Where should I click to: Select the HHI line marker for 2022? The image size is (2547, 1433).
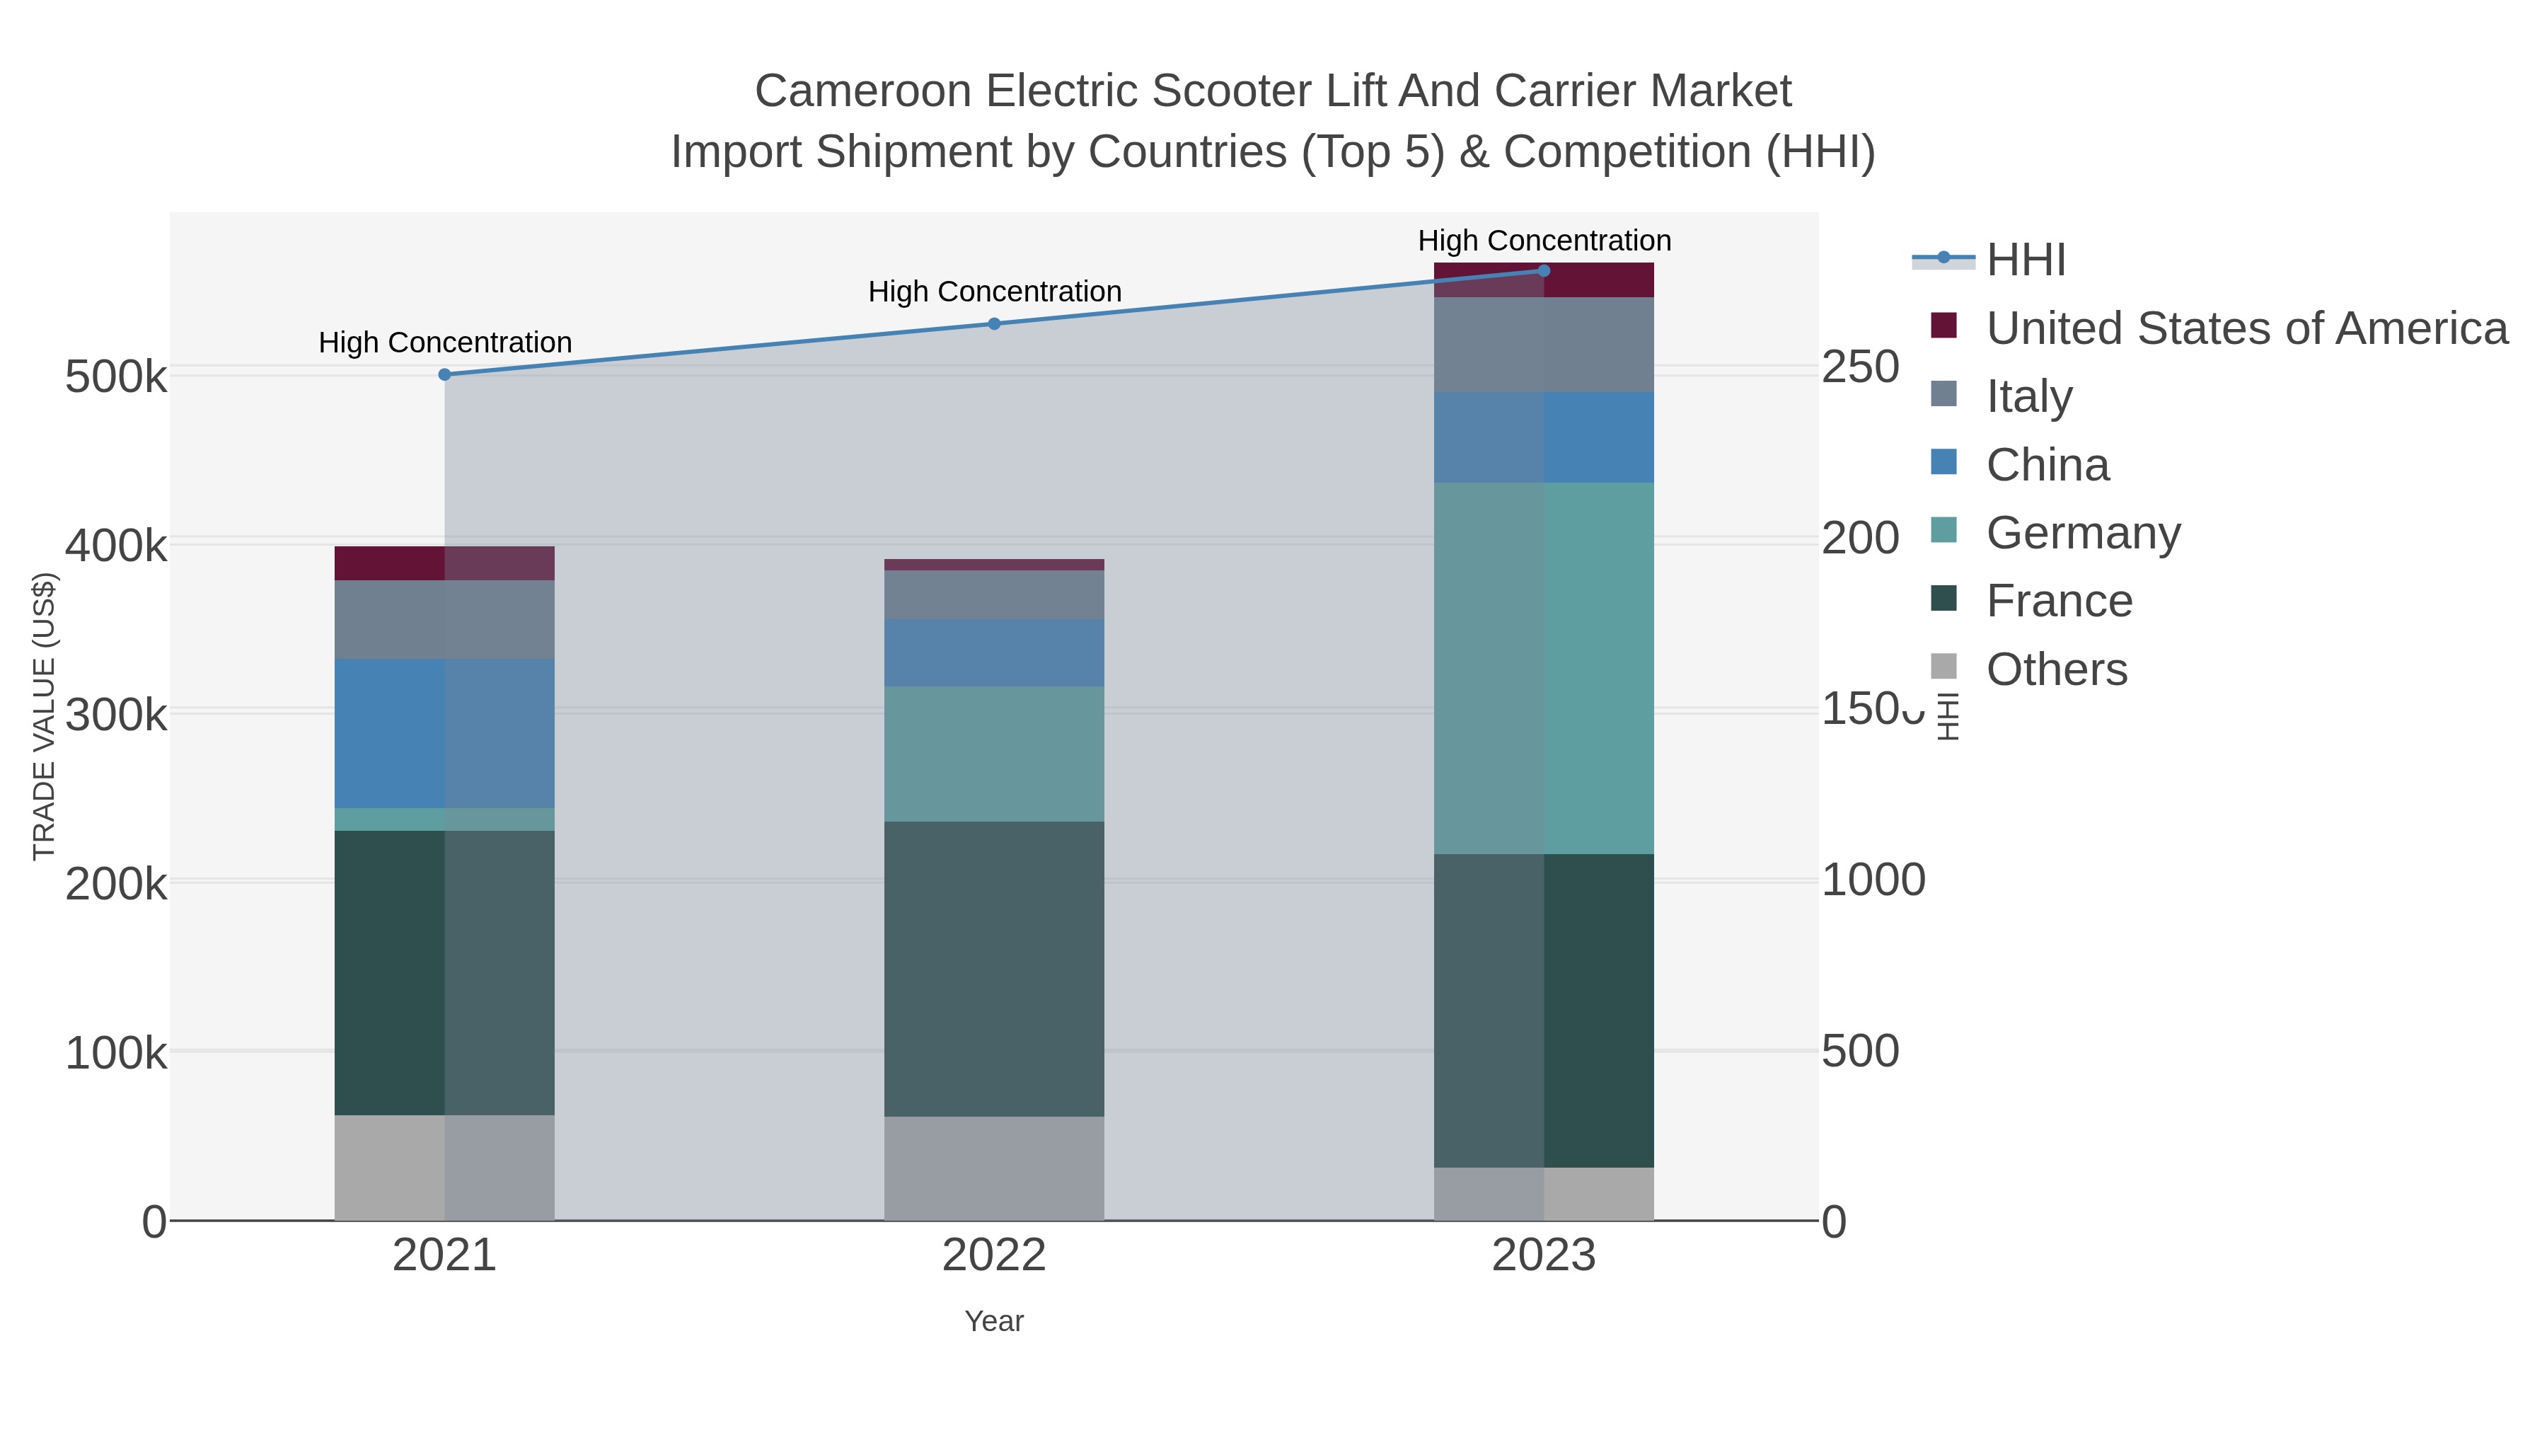point(994,323)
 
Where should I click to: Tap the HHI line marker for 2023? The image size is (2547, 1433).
point(1544,271)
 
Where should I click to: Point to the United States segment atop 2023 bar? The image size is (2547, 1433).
point(1544,281)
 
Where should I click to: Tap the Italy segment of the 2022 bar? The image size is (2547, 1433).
point(994,594)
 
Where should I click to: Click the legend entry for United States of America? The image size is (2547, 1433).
point(2246,328)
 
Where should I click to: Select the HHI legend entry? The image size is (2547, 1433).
point(2025,260)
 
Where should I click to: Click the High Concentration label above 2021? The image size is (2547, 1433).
point(445,343)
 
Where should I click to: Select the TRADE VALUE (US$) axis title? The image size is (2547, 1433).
point(45,716)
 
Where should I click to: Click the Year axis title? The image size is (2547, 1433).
point(994,1321)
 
